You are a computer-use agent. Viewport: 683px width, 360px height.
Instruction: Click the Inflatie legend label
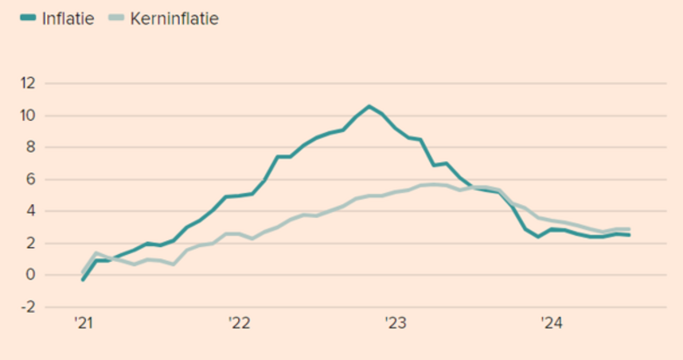tap(67, 18)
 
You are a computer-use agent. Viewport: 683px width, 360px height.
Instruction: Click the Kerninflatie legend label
tap(175, 18)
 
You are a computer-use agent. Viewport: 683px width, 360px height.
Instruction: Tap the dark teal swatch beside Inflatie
tap(25, 18)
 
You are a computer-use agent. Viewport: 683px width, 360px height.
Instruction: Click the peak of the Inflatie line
tap(369, 107)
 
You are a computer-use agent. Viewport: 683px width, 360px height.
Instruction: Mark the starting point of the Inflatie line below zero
tap(82, 279)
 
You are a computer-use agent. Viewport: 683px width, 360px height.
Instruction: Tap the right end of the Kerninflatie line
tap(629, 229)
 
